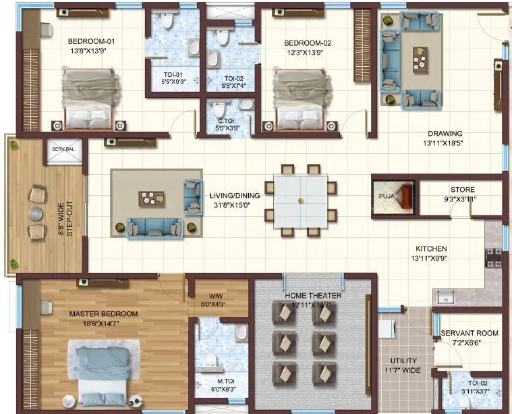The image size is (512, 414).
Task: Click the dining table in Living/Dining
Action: pos(300,200)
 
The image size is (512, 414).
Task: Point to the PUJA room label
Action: pos(387,197)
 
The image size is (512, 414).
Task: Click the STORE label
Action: pos(462,190)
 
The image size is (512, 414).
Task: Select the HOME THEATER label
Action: pos(312,296)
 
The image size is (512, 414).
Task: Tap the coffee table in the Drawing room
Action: pos(421,59)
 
